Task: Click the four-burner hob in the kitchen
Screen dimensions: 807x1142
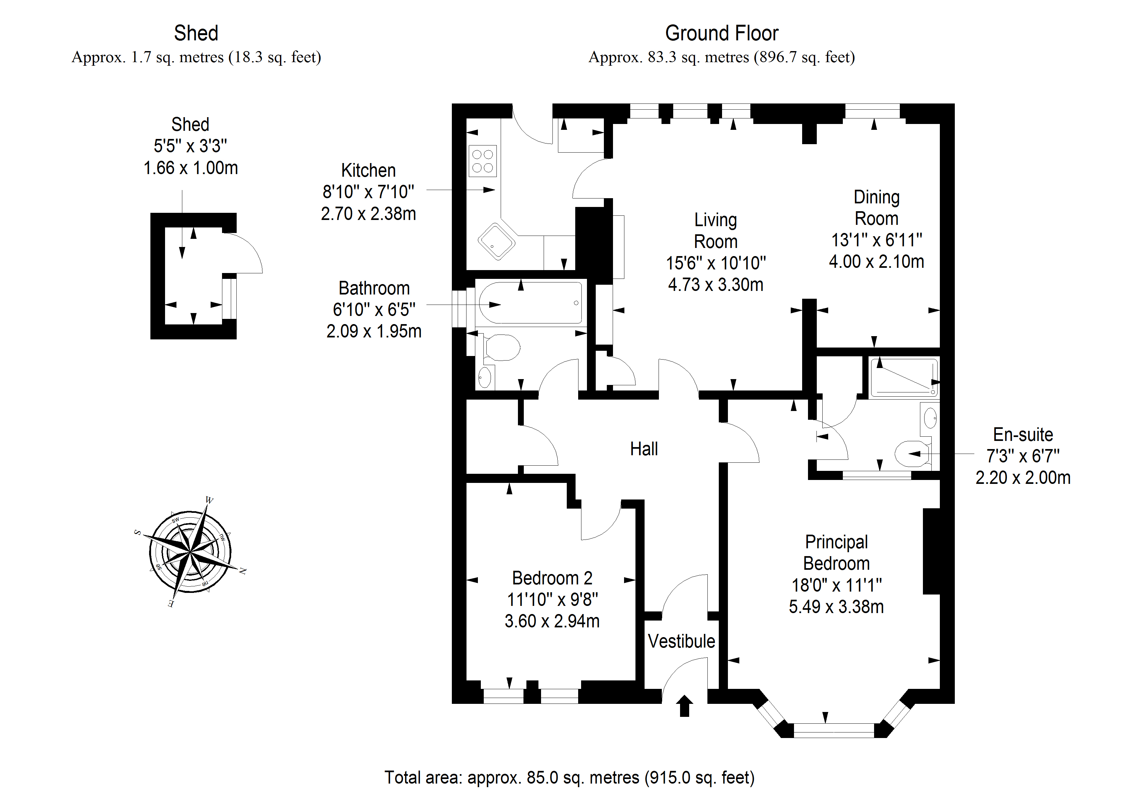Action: tap(482, 161)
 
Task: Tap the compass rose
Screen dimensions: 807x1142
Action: tap(190, 552)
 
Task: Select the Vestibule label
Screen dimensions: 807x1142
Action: tap(681, 641)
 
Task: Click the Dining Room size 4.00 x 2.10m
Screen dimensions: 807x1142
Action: tap(876, 262)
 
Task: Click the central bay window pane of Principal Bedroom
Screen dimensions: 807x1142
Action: tap(834, 730)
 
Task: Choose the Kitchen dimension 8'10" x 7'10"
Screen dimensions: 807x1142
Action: tap(368, 192)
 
